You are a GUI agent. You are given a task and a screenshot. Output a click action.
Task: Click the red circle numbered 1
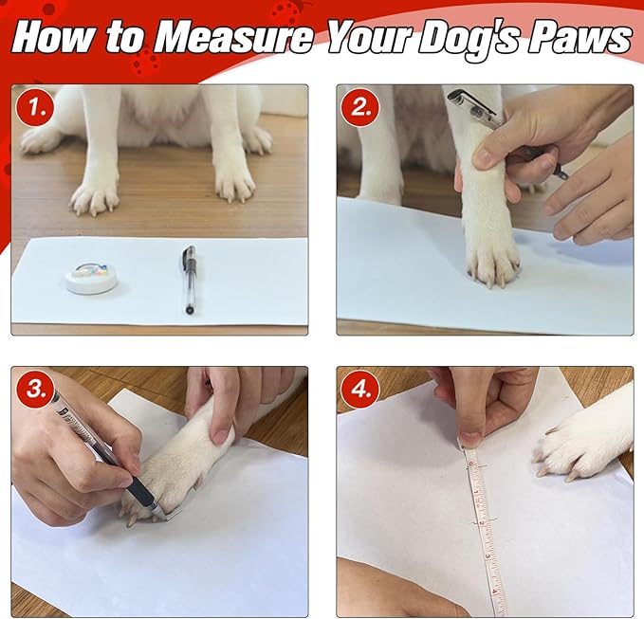pos(35,107)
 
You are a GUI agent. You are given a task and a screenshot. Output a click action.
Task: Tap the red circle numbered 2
pos(360,107)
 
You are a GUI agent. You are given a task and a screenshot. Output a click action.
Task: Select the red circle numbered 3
pos(35,390)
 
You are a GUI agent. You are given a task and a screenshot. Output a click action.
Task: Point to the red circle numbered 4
pos(360,390)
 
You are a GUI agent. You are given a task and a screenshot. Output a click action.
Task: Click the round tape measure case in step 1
pos(92,277)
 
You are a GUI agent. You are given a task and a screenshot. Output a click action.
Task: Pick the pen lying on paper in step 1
pos(189,280)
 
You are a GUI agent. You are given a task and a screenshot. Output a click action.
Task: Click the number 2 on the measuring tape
pos(482,522)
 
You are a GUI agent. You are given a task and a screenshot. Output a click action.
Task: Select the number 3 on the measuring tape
pos(488,556)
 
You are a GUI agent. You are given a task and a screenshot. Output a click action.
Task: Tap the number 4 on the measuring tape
pos(495,592)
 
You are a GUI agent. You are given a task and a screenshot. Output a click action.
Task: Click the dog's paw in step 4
pos(583,444)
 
